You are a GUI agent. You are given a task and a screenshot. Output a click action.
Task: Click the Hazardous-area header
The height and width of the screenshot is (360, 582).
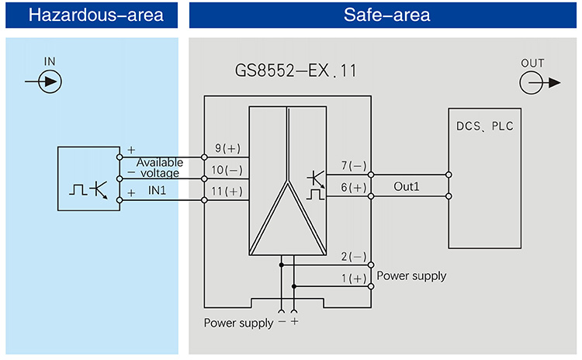pyautogui.click(x=89, y=15)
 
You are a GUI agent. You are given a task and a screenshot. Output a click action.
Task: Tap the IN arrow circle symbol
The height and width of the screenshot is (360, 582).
pyautogui.click(x=50, y=81)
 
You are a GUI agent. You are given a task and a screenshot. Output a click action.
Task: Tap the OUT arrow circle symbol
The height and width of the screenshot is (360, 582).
pyautogui.click(x=532, y=82)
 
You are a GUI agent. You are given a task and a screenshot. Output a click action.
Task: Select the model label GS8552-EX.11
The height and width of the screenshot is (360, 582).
pyautogui.click(x=296, y=72)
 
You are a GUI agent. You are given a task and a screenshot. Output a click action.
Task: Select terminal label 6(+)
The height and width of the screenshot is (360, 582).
pyautogui.click(x=354, y=187)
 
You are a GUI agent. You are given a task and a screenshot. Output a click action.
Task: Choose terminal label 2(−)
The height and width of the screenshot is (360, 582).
pyautogui.click(x=354, y=256)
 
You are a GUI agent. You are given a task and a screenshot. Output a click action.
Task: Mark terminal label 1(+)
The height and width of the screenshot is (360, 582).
pyautogui.click(x=354, y=278)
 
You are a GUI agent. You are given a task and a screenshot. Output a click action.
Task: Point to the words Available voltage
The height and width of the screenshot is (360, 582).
pyautogui.click(x=160, y=168)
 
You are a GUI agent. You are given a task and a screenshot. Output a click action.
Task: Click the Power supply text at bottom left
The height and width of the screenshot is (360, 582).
pyautogui.click(x=238, y=323)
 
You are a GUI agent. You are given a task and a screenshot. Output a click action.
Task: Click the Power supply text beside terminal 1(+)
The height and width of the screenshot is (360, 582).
pyautogui.click(x=411, y=275)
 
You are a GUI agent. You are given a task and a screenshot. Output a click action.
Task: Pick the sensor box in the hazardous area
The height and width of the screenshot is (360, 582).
pyautogui.click(x=88, y=178)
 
